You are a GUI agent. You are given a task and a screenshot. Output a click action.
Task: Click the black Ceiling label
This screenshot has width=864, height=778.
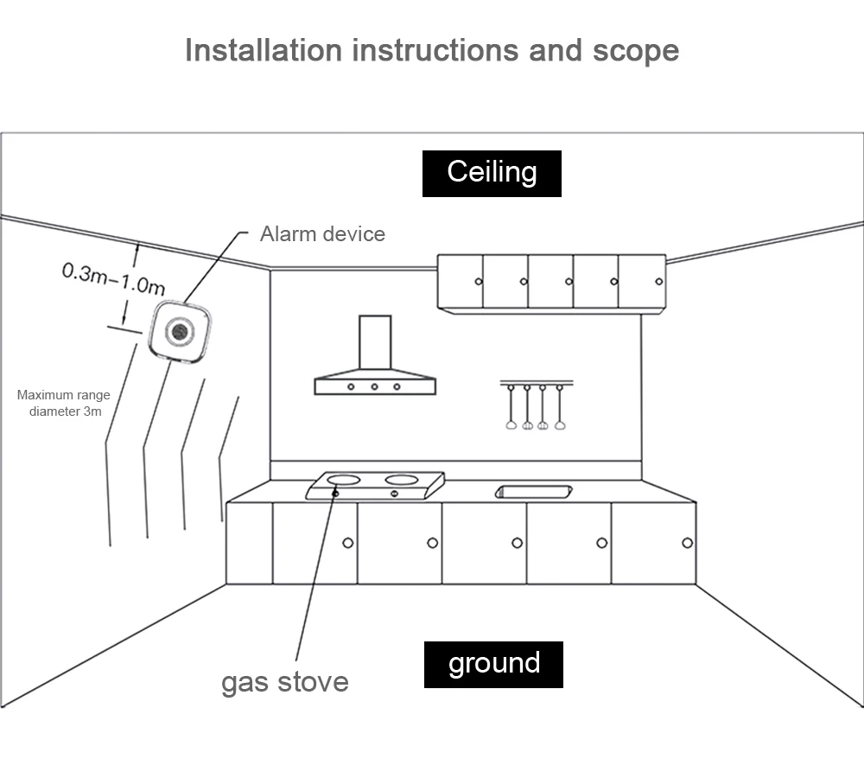tap(492, 173)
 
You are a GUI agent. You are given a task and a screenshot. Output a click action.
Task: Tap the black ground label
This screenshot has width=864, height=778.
tap(493, 664)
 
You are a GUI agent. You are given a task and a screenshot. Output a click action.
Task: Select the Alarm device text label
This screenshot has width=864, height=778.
tap(322, 233)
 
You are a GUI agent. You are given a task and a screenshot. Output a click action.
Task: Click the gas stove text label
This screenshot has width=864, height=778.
tap(285, 681)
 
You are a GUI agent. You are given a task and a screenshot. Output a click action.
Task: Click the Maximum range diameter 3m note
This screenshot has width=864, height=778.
tap(65, 404)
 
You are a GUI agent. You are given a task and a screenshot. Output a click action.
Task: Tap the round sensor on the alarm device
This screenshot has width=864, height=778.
tap(180, 331)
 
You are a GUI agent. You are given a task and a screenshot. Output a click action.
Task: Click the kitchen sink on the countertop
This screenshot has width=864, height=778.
tap(532, 492)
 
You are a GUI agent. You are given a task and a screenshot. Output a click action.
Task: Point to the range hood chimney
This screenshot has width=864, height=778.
tap(375, 344)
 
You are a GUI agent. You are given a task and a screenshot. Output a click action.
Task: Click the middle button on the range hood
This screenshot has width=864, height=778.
tap(374, 386)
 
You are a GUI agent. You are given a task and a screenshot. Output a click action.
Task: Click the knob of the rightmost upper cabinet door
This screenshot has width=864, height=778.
tap(659, 281)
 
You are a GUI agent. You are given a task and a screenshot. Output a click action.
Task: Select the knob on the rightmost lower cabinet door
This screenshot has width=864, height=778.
tap(687, 543)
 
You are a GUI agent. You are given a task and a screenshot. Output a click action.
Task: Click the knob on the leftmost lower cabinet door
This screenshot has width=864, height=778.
tap(347, 543)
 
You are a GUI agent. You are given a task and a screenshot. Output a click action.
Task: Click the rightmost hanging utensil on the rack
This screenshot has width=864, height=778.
tap(560, 423)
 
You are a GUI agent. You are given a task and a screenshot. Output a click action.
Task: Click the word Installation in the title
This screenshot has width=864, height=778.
tap(264, 50)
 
